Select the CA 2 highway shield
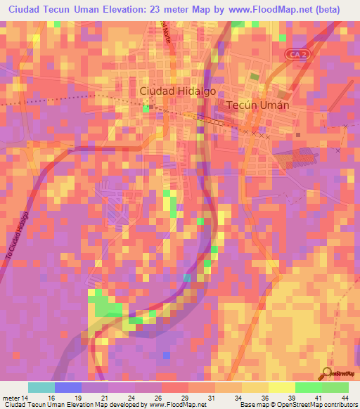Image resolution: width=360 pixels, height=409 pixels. point(296,53)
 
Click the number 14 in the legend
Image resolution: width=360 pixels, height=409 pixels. point(27,397)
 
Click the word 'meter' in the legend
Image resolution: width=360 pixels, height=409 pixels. point(11,397)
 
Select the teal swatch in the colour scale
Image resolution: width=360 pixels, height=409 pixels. point(41,387)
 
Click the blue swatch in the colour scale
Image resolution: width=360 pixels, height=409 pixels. point(68,387)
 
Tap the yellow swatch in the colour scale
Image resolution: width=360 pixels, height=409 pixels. point(281,387)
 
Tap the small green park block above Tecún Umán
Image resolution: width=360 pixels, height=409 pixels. point(253,75)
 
